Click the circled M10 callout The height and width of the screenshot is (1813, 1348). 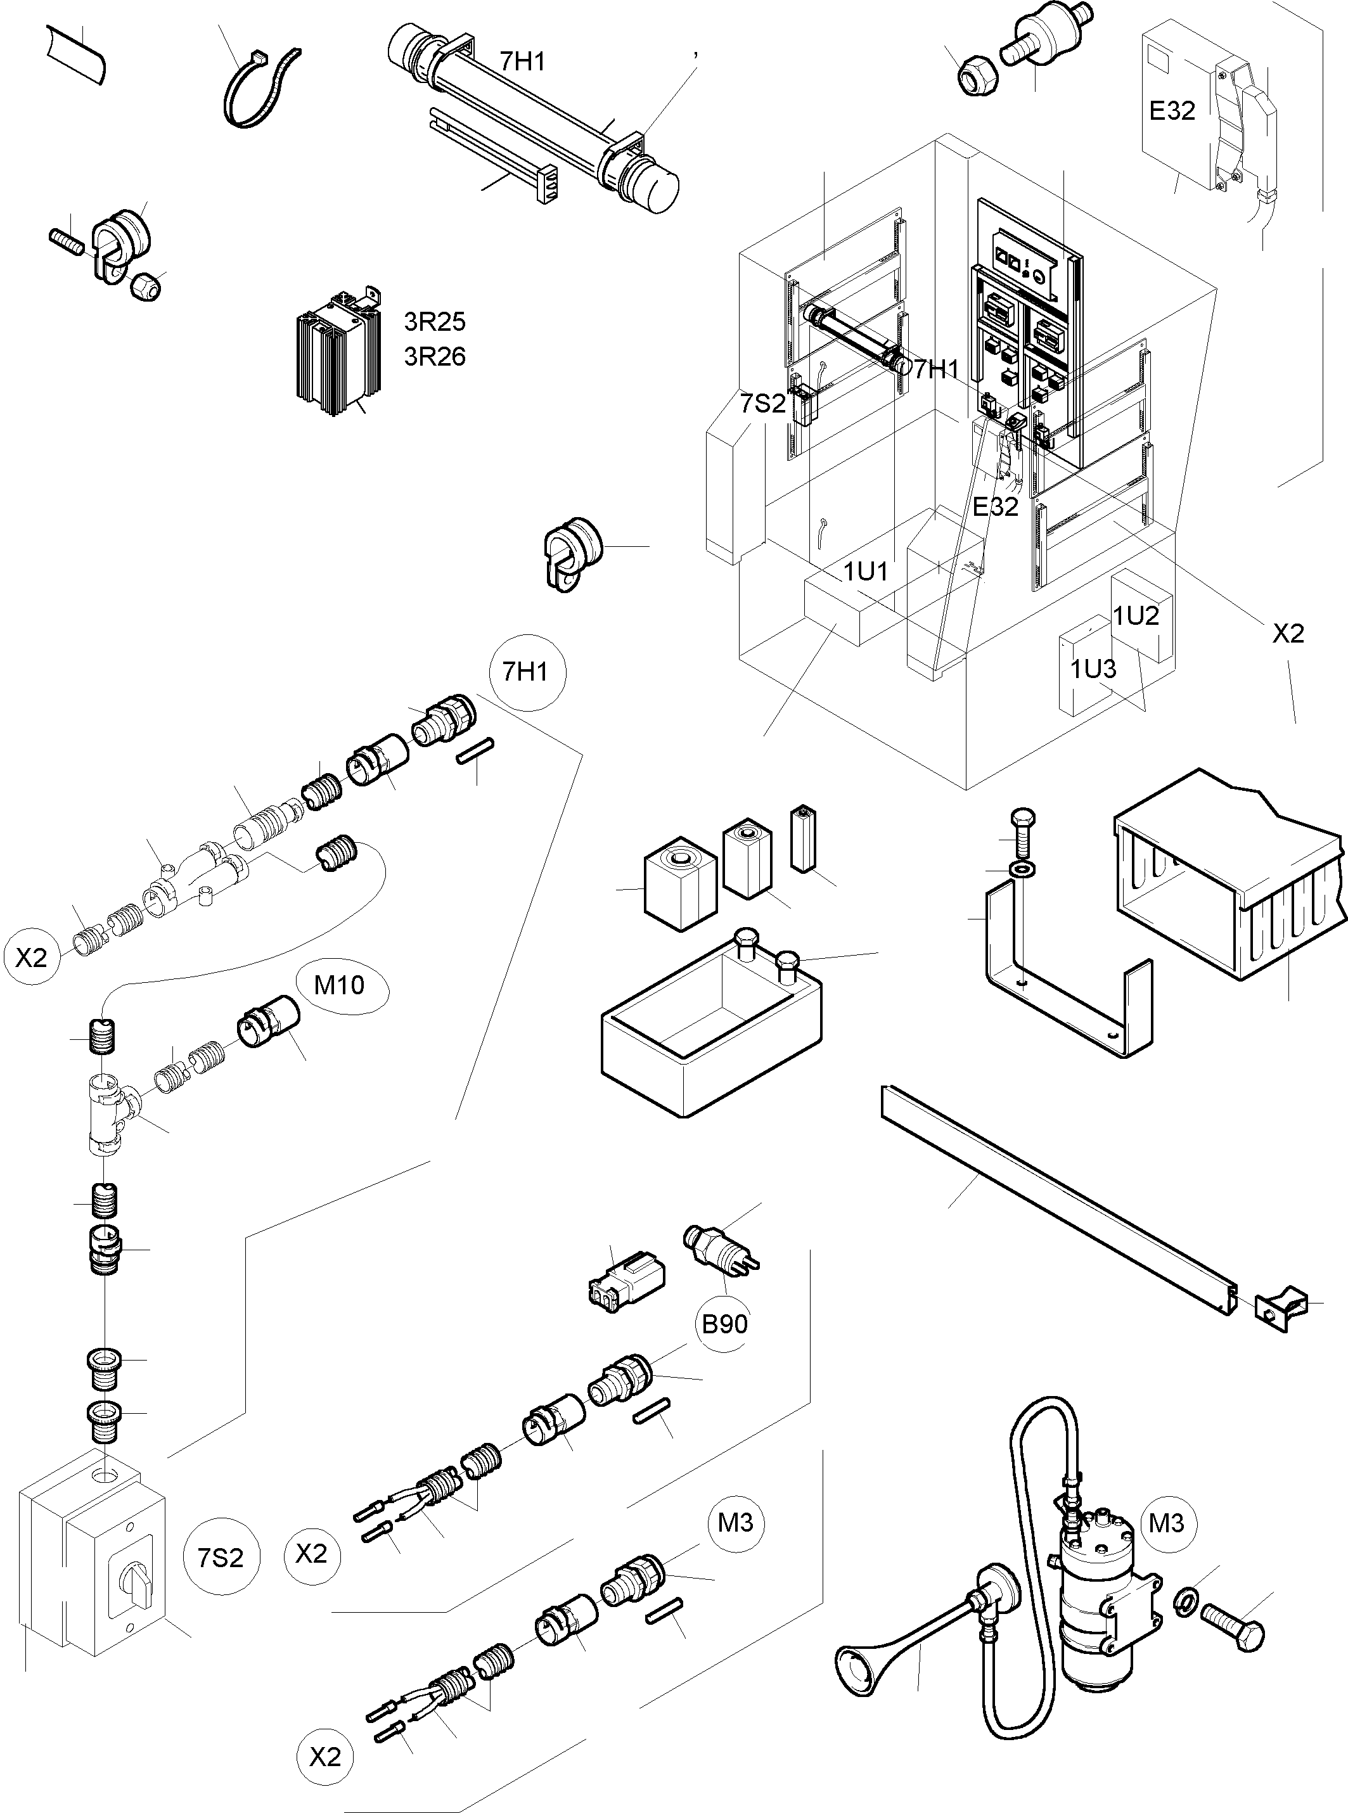tap(340, 985)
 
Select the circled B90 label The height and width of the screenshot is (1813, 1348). tap(724, 1323)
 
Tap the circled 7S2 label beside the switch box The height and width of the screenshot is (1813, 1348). tap(221, 1557)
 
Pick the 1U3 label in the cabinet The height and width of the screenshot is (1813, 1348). tap(1093, 669)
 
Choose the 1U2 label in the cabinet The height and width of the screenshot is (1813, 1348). tap(1136, 615)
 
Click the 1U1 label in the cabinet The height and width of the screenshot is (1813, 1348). tap(865, 571)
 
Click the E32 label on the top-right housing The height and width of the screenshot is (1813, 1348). tap(1172, 110)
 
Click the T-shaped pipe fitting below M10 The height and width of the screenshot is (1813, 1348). tap(110, 1112)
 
